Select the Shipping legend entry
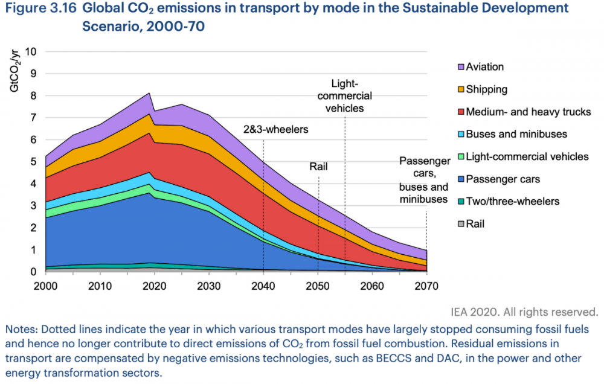click(486, 89)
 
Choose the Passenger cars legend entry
click(503, 179)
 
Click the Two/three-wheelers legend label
click(513, 201)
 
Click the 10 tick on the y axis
click(31, 52)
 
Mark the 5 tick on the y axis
click(34, 162)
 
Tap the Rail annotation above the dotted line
click(319, 167)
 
